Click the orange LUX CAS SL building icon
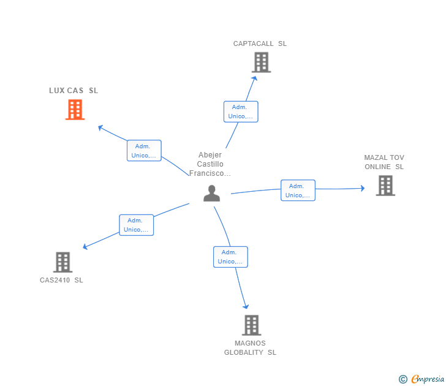tap(75, 110)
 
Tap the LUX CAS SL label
tap(74, 91)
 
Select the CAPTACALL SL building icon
tap(261, 62)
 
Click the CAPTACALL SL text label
tap(260, 44)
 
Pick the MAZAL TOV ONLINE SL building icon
tap(385, 185)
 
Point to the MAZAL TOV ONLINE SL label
tap(384, 162)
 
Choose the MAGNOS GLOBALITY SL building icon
tap(251, 325)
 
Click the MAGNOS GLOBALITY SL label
tap(250, 348)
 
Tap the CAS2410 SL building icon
tap(62, 262)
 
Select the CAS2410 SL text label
tap(61, 280)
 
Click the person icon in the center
tap(211, 193)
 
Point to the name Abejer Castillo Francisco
tap(210, 164)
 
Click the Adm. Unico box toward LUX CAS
tap(144, 151)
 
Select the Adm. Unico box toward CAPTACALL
tap(241, 112)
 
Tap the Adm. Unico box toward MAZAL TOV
tap(298, 191)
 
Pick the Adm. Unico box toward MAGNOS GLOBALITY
tap(230, 257)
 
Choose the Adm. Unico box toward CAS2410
tap(136, 225)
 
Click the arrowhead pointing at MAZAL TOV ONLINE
tap(362, 189)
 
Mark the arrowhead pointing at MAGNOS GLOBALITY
tap(246, 306)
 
